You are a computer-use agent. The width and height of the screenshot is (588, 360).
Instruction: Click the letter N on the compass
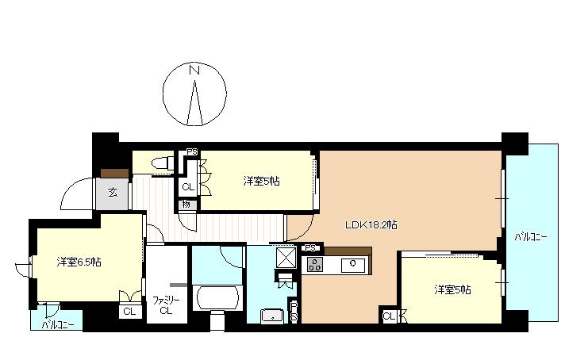194,70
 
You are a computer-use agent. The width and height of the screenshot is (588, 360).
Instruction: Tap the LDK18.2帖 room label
371,224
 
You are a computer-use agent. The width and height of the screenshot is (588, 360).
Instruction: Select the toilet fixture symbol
163,163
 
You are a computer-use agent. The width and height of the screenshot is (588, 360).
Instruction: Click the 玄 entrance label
113,193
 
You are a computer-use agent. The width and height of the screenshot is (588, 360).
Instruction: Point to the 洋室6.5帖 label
79,262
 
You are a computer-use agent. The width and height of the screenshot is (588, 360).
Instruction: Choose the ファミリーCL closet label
166,305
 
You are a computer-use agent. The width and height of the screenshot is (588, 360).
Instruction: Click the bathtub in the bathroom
218,299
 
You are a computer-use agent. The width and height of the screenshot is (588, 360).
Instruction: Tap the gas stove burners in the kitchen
315,265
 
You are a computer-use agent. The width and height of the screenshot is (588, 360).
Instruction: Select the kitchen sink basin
352,265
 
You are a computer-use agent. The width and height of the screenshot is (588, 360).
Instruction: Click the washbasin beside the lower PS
272,316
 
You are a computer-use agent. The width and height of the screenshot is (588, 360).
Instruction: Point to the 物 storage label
186,205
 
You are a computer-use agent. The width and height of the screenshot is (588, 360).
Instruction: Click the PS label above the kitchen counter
310,248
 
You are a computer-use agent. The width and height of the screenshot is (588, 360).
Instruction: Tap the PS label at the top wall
192,152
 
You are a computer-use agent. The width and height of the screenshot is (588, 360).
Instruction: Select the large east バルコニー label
531,237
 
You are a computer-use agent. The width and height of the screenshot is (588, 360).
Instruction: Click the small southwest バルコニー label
57,324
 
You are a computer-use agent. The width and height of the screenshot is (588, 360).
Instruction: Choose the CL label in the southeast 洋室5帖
389,316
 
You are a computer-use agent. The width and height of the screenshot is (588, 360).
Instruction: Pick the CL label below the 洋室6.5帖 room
129,312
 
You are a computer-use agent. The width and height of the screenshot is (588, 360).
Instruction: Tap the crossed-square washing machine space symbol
286,258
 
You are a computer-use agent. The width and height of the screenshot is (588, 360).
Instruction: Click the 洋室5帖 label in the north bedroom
261,182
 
